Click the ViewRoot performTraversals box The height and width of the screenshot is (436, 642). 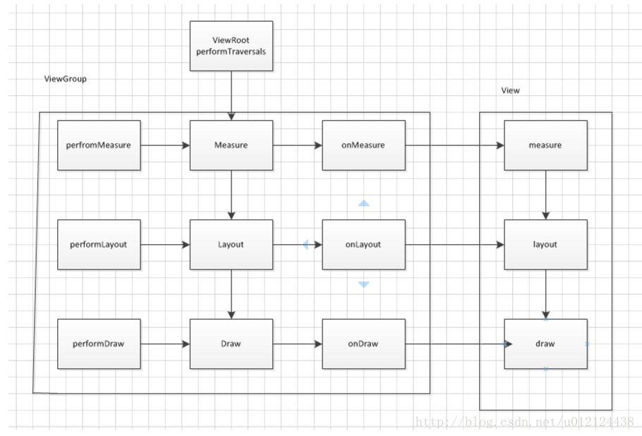[231, 46]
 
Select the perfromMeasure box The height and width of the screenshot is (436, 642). [99, 145]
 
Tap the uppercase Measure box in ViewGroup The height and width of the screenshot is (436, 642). [231, 145]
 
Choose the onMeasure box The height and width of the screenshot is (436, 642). [364, 145]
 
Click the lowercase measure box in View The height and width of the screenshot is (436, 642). [545, 145]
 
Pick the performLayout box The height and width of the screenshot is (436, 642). [99, 245]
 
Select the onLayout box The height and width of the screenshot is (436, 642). [364, 245]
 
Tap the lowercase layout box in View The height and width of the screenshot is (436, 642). [545, 245]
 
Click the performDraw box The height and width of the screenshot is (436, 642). [99, 344]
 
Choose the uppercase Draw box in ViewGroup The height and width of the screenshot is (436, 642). [231, 344]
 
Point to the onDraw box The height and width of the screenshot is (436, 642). [364, 344]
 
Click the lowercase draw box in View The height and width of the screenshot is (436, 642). [545, 344]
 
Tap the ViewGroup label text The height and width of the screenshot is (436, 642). [65, 79]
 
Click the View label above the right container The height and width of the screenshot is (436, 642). [510, 90]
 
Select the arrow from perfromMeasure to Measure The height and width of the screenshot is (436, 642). [165, 145]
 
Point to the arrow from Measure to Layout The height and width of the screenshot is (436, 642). [231, 195]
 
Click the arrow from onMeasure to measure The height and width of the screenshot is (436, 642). [455, 145]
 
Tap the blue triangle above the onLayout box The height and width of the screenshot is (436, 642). [363, 203]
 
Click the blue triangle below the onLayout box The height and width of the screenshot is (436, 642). [363, 284]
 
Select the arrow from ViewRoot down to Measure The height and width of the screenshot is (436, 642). [231, 95]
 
